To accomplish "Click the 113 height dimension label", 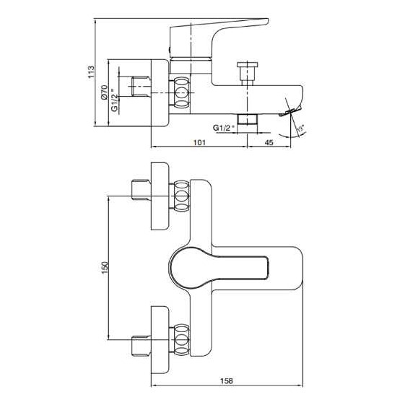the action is (92, 72).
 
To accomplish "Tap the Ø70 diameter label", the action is (104, 92).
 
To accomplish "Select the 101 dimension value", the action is (199, 142).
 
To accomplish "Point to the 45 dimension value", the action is (269, 142).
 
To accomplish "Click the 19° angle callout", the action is (300, 129).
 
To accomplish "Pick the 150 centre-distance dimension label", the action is (105, 268).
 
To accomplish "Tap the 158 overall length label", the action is (227, 380).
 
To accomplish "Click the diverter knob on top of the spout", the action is (247, 74).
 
